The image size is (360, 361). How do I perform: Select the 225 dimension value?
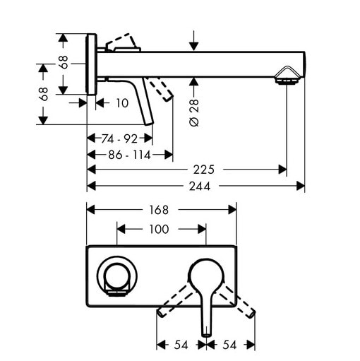[203, 170]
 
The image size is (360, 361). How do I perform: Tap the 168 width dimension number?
[160, 210]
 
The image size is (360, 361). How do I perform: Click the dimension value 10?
[121, 103]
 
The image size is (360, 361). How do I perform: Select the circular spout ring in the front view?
[115, 274]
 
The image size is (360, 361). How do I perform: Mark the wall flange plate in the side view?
[91, 64]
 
